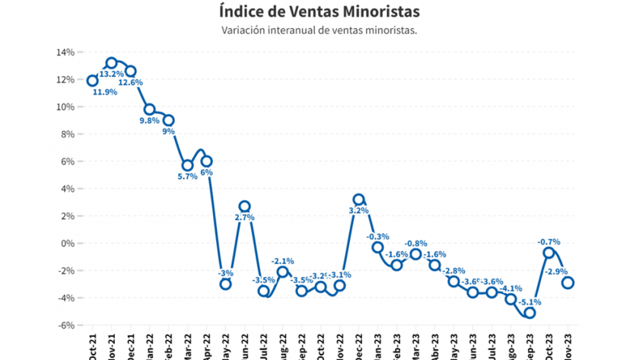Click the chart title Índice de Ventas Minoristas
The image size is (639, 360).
point(319,12)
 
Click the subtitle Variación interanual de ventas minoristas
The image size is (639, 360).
point(319,30)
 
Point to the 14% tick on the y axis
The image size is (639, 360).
point(64,52)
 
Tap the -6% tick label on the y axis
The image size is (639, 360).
point(65,325)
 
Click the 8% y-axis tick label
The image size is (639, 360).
point(66,134)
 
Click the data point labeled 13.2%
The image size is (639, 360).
point(112,63)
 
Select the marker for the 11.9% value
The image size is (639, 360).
point(93,81)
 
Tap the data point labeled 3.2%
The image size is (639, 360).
point(358,199)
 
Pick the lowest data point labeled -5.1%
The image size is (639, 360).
point(529,313)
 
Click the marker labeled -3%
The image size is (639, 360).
point(225,284)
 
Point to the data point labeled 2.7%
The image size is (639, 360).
point(244,206)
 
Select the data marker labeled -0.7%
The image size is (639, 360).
point(548,253)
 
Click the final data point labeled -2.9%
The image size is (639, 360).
point(567,282)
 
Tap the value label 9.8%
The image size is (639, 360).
point(149,121)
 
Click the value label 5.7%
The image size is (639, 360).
point(187,177)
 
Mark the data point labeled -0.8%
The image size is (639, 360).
point(415,254)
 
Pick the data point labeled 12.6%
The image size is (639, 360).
point(131,71)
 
